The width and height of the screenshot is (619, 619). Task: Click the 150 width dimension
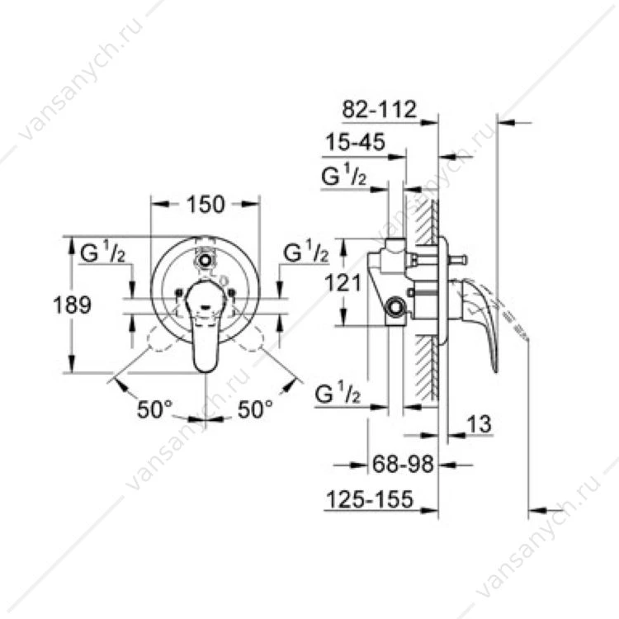tap(206, 204)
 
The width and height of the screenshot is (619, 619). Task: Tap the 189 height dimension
tap(73, 305)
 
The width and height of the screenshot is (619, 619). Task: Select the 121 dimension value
tap(343, 282)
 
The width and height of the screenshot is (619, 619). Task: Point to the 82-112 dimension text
tap(379, 109)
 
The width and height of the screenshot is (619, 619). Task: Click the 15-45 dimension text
tap(355, 142)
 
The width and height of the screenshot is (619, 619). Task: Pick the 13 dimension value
tap(480, 424)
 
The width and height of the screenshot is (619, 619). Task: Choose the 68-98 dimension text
tap(403, 464)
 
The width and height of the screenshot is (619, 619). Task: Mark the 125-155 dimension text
tap(370, 499)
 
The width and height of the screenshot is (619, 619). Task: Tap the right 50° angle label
tap(255, 409)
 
